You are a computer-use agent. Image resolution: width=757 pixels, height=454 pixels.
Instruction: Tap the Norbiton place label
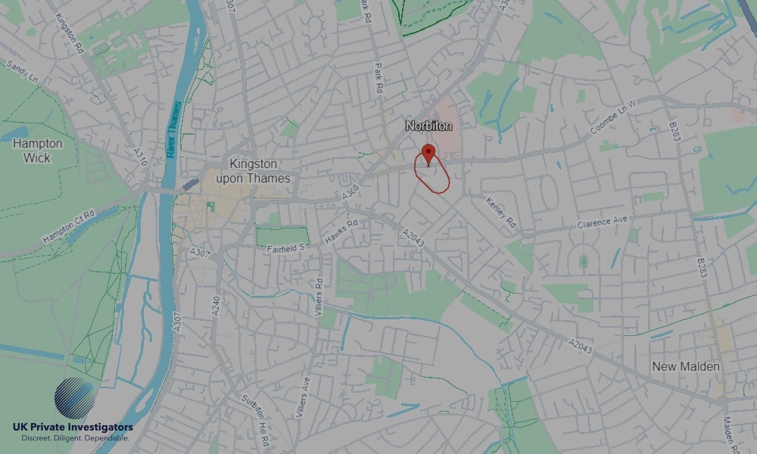(x=428, y=126)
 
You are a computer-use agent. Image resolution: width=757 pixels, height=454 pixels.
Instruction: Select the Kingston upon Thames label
(x=253, y=171)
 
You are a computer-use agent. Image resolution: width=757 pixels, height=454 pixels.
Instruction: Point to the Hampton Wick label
(x=37, y=151)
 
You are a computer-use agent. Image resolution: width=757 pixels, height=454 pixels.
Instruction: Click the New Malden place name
(x=686, y=367)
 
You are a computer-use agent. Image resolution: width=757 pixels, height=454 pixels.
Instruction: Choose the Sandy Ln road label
(x=20, y=73)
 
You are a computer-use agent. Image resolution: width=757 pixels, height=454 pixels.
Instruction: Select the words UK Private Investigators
(x=72, y=428)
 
